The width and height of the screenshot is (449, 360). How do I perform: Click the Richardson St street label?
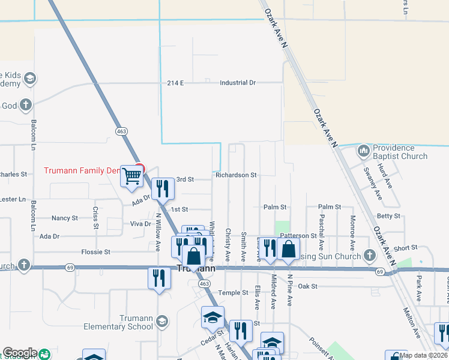tap(236, 175)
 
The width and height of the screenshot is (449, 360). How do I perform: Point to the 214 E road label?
tap(175, 83)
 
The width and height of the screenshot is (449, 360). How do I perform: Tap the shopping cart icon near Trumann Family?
tap(131, 176)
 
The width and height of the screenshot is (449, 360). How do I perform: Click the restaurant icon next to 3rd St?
tap(162, 189)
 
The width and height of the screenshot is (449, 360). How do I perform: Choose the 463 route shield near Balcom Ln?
tap(122, 130)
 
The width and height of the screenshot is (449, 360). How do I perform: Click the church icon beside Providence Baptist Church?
tap(363, 151)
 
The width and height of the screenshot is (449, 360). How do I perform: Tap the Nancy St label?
tap(65, 218)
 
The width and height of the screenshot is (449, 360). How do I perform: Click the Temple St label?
tap(234, 293)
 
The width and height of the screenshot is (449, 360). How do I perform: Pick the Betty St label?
tap(388, 216)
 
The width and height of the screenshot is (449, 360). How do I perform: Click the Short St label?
tap(406, 248)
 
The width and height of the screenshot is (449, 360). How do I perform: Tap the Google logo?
tap(19, 353)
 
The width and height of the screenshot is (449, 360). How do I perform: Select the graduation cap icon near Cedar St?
tap(212, 317)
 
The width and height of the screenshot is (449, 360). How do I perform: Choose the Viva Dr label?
tap(140, 224)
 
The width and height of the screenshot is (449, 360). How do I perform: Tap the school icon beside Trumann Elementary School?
tap(161, 322)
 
